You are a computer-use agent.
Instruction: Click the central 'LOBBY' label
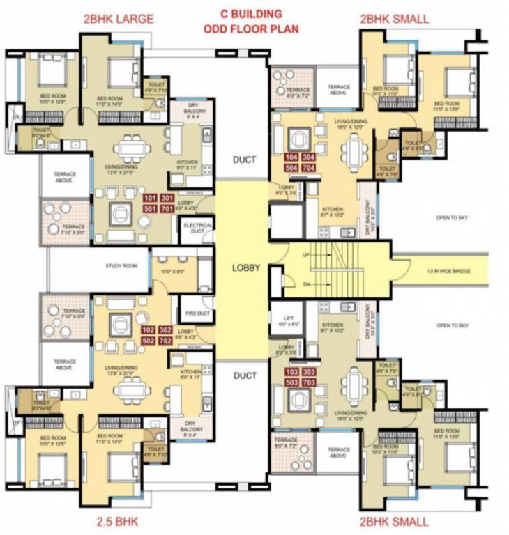[x=247, y=267]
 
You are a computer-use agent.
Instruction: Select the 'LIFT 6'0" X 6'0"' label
[x=287, y=320]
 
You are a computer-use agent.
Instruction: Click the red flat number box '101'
[x=167, y=198]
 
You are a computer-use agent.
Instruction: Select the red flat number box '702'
[x=185, y=340]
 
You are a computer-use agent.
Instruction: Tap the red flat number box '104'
[x=291, y=157]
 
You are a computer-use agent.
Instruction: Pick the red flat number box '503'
[x=291, y=382]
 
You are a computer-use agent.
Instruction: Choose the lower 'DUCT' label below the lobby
[x=245, y=375]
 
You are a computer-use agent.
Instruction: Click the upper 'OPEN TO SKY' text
[x=453, y=218]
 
